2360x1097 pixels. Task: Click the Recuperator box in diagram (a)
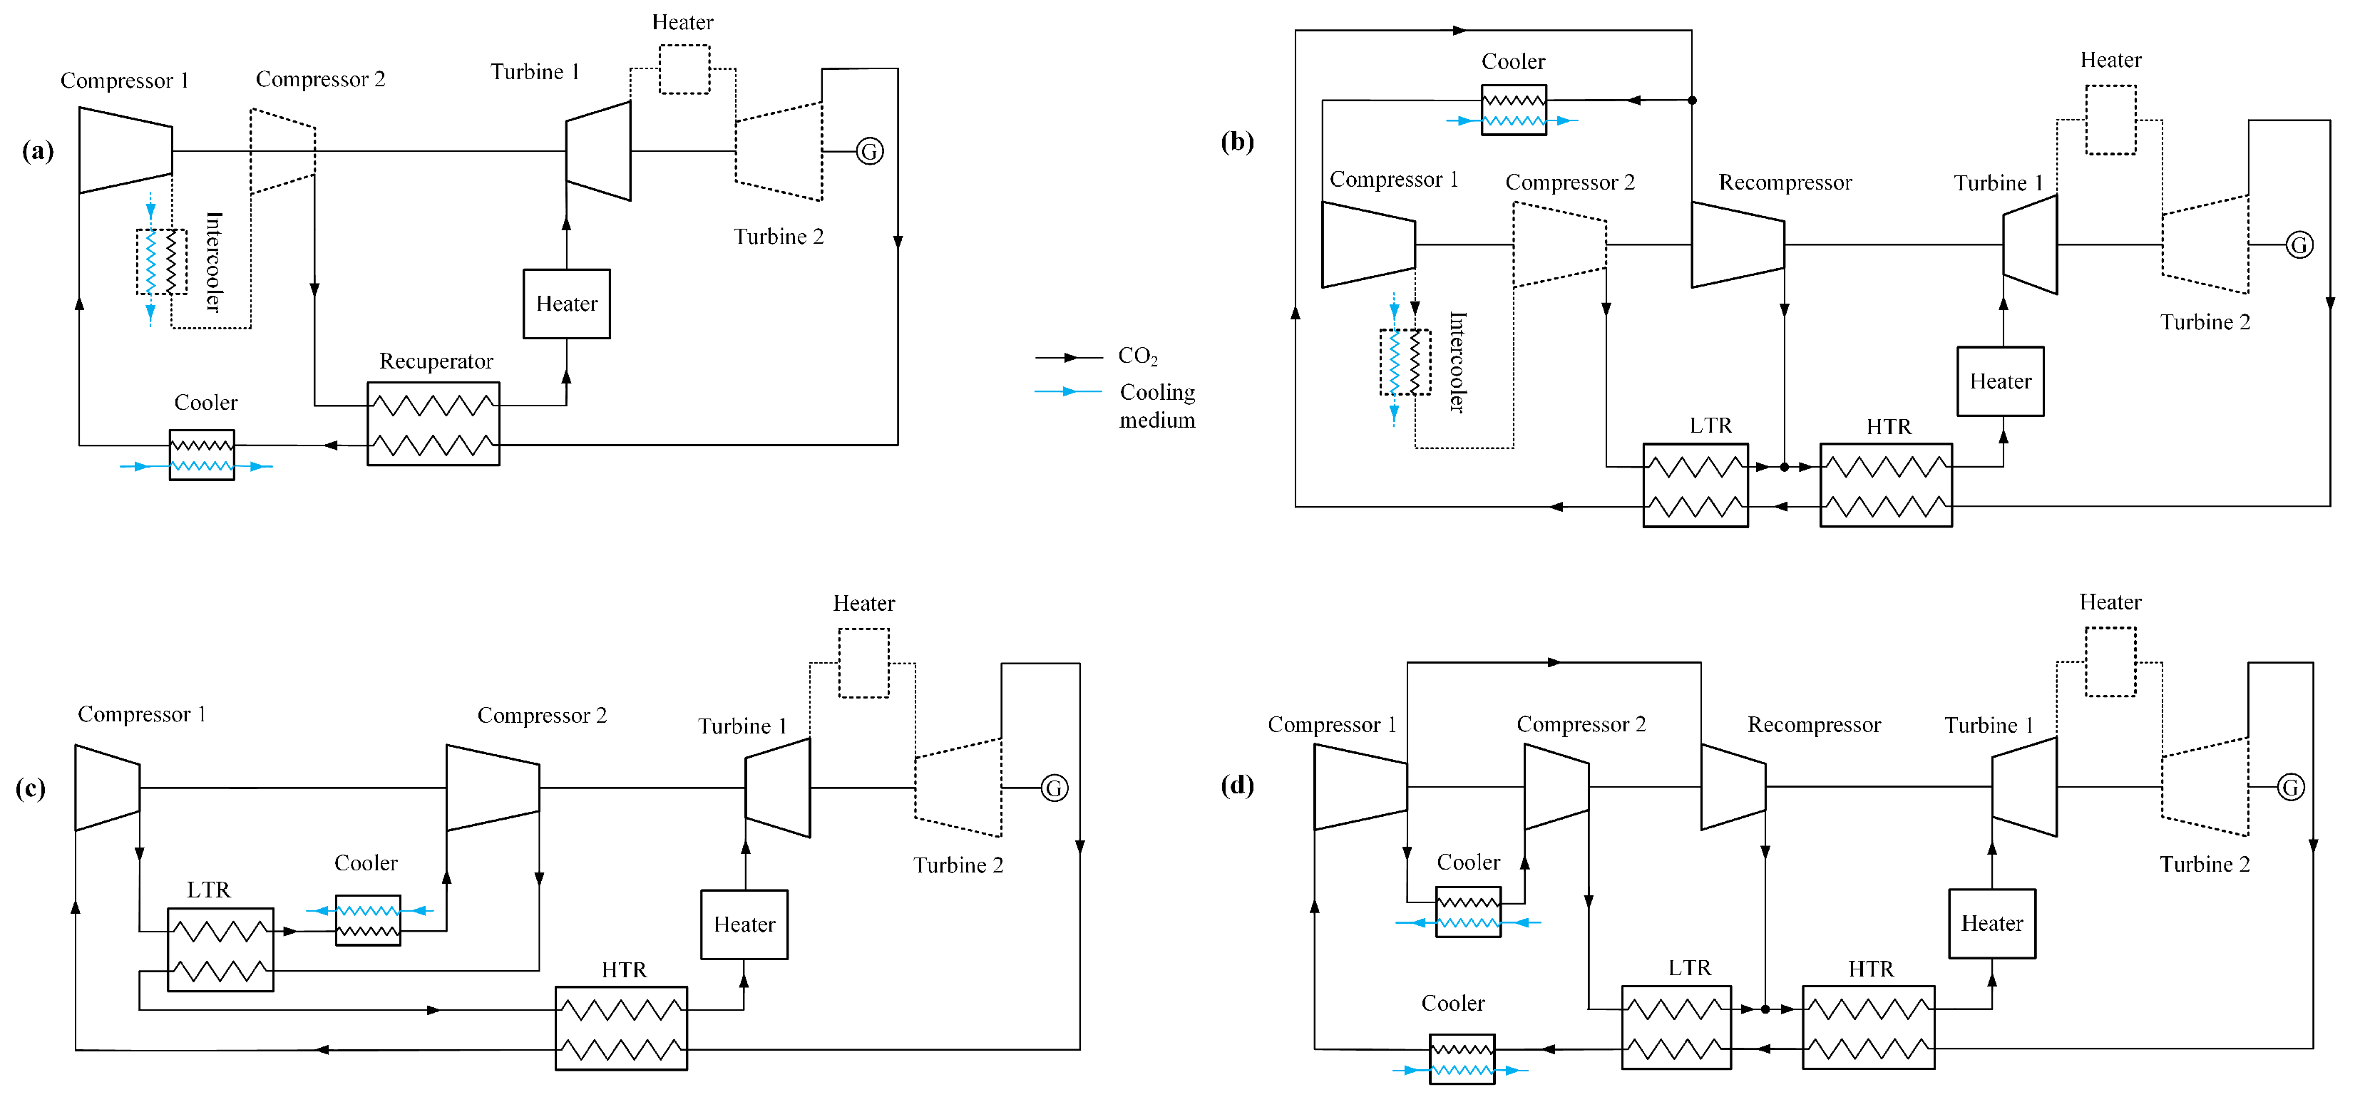433,424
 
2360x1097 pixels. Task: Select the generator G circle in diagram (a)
869,151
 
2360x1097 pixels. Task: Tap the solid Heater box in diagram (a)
566,304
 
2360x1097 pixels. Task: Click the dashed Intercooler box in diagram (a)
161,262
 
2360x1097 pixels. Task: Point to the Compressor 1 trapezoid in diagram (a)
125,150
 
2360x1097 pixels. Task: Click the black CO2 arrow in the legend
1068,357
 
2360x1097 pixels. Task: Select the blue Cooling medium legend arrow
1068,392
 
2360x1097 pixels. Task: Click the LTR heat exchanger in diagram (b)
1695,485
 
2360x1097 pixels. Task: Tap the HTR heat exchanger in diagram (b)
1885,485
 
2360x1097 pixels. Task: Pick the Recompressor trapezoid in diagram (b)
1737,244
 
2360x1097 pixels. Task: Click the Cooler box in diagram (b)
1514,110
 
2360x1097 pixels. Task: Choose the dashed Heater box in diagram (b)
2110,120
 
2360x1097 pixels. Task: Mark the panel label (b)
1237,142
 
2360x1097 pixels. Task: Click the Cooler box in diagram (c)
367,920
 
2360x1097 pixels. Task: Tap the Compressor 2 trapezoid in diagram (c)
492,788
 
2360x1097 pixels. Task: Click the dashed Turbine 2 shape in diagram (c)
958,788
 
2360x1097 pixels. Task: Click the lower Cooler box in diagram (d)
1462,1059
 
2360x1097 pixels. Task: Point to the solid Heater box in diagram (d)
1991,924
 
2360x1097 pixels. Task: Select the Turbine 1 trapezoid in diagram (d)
2025,788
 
